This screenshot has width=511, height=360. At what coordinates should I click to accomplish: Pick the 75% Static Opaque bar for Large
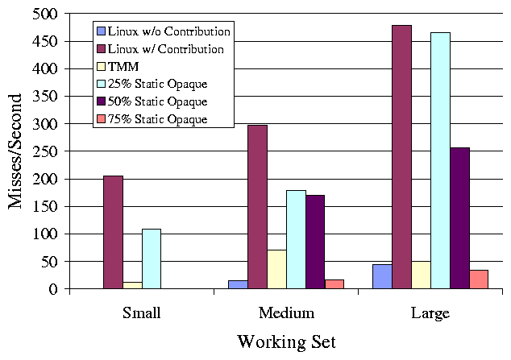(479, 279)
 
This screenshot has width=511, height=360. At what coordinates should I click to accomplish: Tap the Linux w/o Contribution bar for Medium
(238, 284)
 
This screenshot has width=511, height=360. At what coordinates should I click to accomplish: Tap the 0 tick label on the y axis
(53, 289)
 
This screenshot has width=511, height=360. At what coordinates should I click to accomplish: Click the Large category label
(430, 312)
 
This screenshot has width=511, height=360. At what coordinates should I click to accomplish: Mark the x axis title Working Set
(286, 341)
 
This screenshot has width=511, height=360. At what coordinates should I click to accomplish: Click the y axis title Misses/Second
(16, 151)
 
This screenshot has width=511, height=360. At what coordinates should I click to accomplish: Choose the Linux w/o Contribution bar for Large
(382, 276)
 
